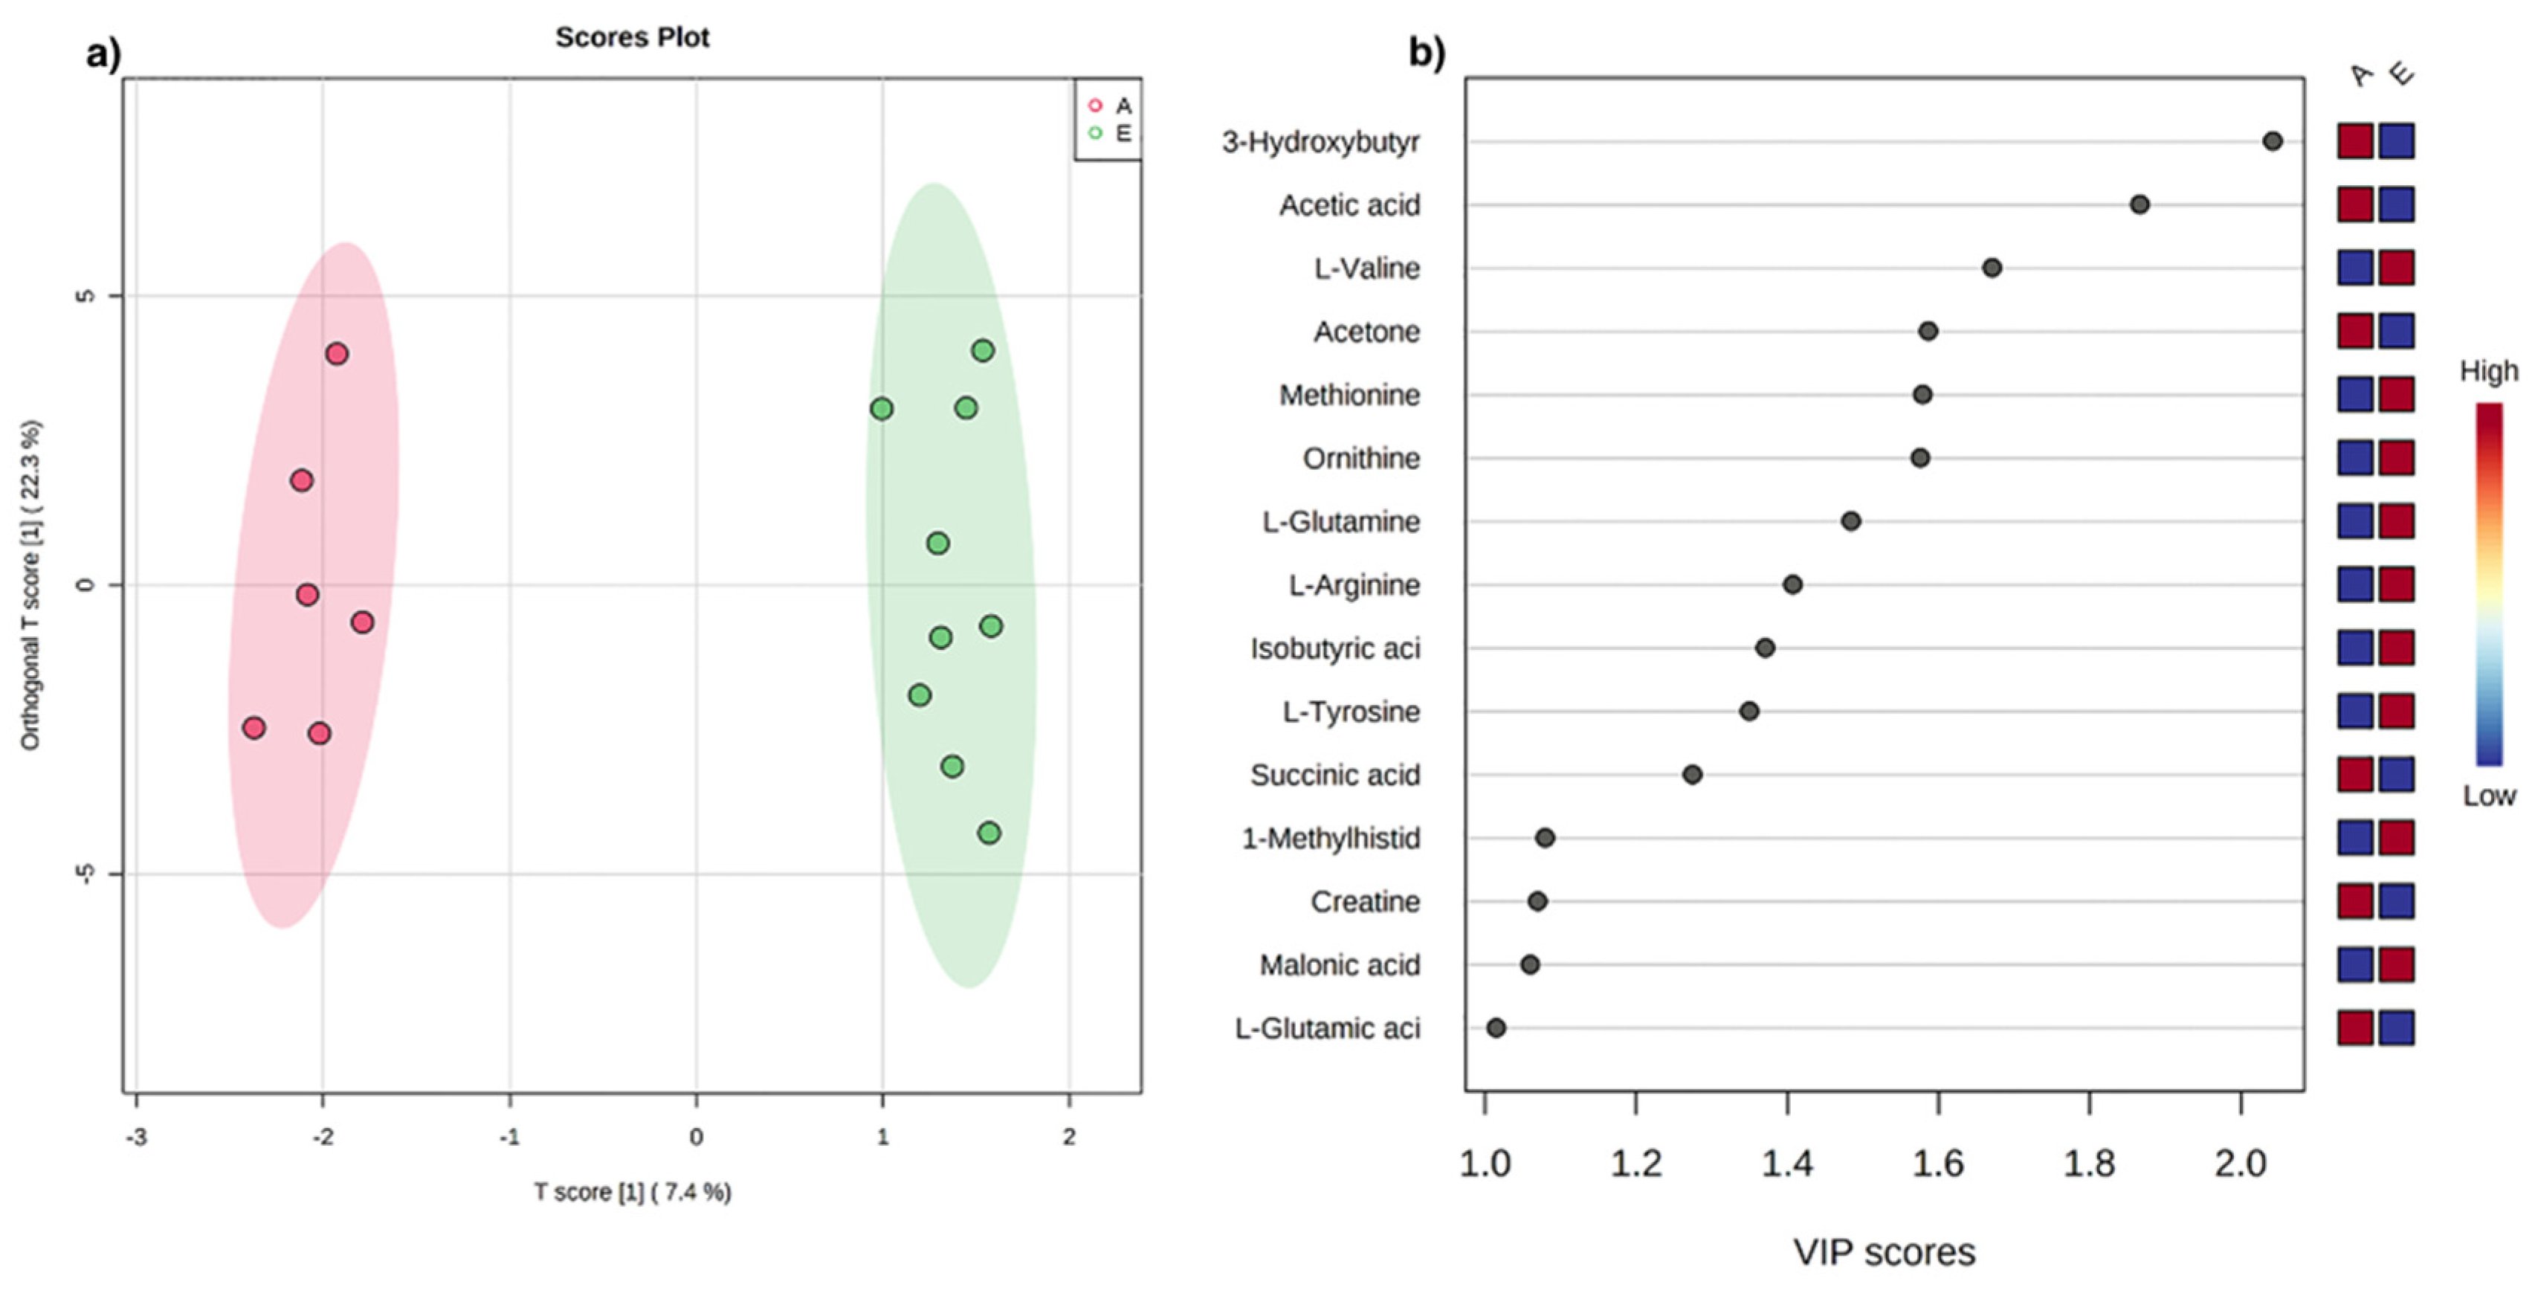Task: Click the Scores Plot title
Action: (632, 37)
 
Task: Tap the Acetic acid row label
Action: (1349, 206)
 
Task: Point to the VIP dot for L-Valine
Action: (1992, 268)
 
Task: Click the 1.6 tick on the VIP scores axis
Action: (1937, 1164)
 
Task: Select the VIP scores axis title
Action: (1884, 1253)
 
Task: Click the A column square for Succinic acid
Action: (2355, 775)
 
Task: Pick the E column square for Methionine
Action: (2396, 395)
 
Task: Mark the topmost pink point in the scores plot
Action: (337, 354)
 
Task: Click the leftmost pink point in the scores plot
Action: (254, 728)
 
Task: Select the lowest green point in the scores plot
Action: (989, 833)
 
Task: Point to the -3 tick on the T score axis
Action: (137, 1137)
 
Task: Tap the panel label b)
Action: (1427, 51)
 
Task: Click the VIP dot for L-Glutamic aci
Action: (1496, 1028)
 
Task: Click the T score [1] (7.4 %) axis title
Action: (632, 1193)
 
